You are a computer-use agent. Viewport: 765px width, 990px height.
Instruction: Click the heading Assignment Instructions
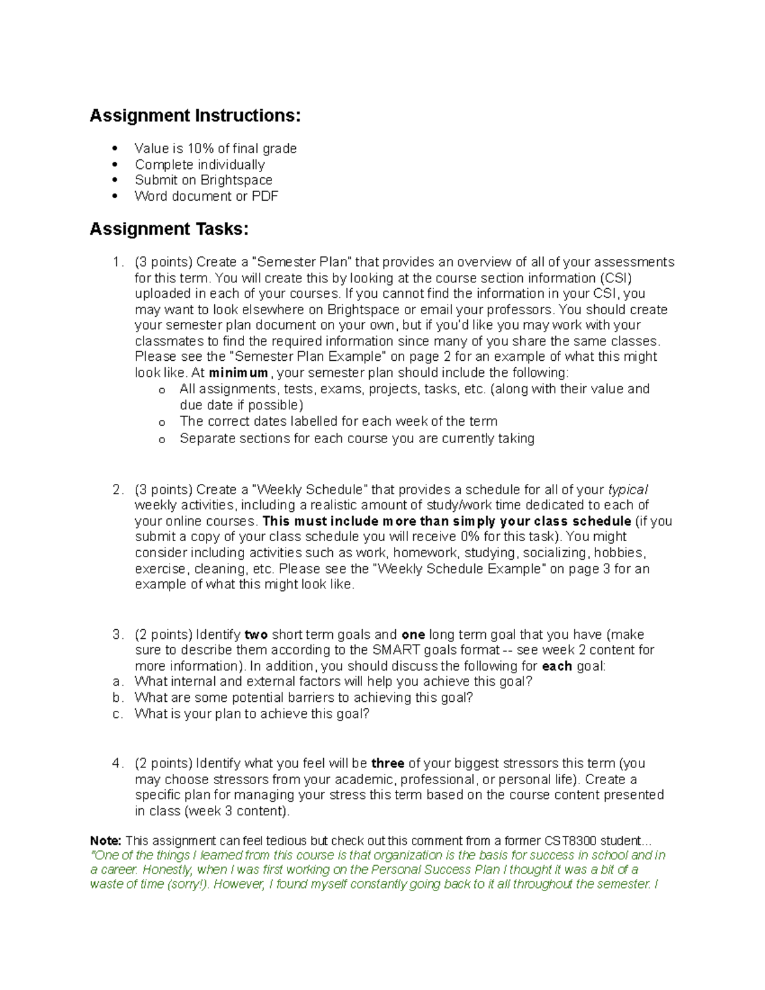coord(194,116)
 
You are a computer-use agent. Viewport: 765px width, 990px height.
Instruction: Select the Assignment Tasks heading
coord(169,229)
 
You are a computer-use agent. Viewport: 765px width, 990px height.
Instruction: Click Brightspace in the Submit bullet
coord(236,180)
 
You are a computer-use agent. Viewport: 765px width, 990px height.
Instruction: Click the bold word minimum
coord(238,373)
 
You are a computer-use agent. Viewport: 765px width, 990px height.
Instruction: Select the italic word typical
coord(628,490)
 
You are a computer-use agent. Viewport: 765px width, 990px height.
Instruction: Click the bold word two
coord(256,635)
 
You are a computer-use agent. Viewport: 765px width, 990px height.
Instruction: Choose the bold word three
coord(388,763)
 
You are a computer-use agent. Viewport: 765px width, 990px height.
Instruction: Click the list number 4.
coord(116,763)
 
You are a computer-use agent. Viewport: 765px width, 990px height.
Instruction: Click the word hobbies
coord(622,553)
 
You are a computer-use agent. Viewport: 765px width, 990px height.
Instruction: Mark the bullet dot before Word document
coord(115,196)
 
